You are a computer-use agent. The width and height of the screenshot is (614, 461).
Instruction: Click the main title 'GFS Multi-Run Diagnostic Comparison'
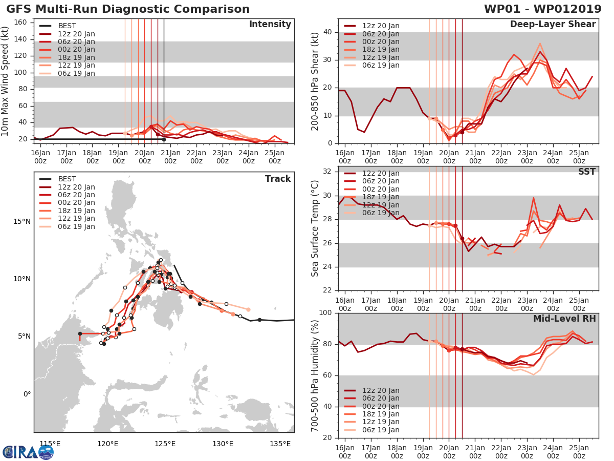[x=128, y=9]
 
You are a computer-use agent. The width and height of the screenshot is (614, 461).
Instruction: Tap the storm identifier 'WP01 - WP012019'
[x=543, y=9]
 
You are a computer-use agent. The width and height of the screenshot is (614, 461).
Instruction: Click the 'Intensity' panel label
[x=270, y=24]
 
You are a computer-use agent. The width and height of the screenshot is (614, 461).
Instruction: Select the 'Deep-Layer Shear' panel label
[x=553, y=25]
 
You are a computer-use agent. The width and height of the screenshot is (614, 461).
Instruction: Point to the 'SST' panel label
[x=587, y=171]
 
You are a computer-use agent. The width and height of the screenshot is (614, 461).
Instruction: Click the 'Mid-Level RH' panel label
[x=564, y=319]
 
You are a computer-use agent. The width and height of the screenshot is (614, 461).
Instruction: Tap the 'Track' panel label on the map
[x=278, y=179]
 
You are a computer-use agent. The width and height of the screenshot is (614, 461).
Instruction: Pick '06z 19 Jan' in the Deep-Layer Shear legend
[x=371, y=65]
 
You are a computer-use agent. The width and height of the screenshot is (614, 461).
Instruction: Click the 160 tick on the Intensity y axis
[x=20, y=23]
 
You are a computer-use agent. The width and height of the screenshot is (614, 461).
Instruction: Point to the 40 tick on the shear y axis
[x=328, y=32]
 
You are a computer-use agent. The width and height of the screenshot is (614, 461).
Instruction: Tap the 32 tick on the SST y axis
[x=328, y=171]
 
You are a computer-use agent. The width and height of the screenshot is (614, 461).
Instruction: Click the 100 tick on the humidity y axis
[x=325, y=312]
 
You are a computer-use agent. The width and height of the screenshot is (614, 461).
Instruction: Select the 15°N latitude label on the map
[x=22, y=221]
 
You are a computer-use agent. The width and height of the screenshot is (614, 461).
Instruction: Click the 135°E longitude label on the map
[x=280, y=444]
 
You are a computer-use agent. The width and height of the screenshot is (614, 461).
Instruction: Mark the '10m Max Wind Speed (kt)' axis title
[x=4, y=81]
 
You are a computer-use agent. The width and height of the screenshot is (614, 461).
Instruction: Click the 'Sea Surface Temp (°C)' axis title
[x=315, y=228]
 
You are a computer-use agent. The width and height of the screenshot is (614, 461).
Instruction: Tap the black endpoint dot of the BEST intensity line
[x=164, y=139]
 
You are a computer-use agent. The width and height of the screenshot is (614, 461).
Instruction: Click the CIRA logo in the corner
[x=28, y=452]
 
